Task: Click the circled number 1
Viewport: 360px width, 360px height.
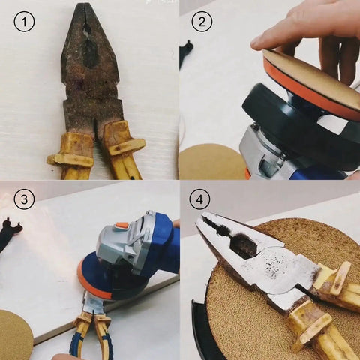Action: coord(25,22)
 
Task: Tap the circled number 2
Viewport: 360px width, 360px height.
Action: coord(200,22)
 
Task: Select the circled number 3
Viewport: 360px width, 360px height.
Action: coord(25,200)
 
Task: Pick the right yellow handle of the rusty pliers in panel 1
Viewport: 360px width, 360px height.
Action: coord(124,150)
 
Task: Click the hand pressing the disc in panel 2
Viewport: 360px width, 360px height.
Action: coord(315,37)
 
